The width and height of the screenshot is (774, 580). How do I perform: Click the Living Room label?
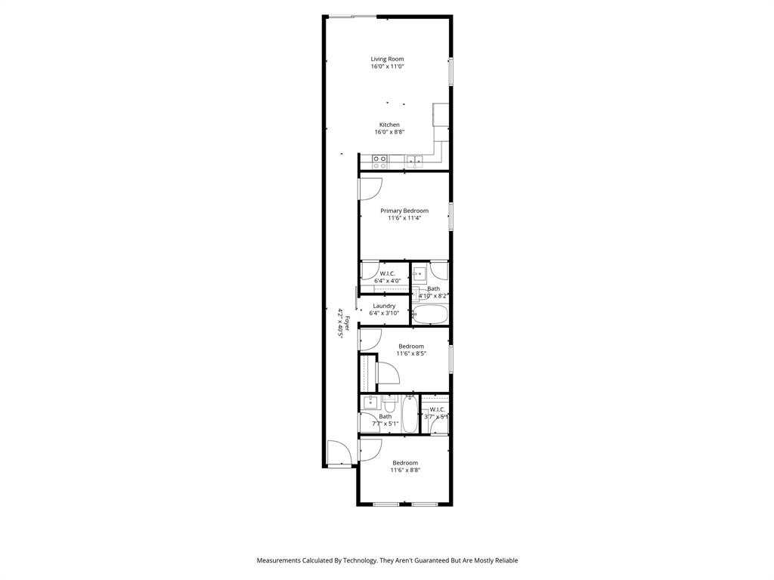click(x=387, y=59)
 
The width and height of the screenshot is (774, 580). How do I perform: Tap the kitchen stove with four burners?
click(x=379, y=162)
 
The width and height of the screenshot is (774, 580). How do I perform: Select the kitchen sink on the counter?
click(x=413, y=160)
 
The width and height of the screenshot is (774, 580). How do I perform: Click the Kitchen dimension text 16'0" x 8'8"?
click(x=389, y=132)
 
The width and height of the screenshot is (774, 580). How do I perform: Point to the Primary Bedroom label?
click(x=404, y=211)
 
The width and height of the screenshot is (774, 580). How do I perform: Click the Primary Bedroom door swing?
click(x=370, y=189)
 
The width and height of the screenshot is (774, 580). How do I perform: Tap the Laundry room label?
click(x=384, y=306)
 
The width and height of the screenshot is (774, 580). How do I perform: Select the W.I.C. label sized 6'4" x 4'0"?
click(x=387, y=280)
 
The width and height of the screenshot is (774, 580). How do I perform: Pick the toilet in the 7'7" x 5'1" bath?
click(x=390, y=400)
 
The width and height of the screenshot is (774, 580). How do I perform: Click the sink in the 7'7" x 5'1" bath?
click(x=370, y=402)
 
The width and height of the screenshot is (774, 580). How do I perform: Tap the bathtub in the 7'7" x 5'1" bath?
click(x=409, y=415)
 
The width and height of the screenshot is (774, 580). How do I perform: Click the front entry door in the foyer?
click(x=338, y=453)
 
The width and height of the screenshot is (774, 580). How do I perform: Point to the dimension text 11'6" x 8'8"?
click(x=404, y=470)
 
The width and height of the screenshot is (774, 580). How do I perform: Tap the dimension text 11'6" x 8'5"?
click(x=411, y=353)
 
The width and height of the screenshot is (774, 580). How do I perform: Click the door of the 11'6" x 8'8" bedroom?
click(x=369, y=450)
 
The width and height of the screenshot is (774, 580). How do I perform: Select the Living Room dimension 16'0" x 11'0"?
click(x=387, y=66)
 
